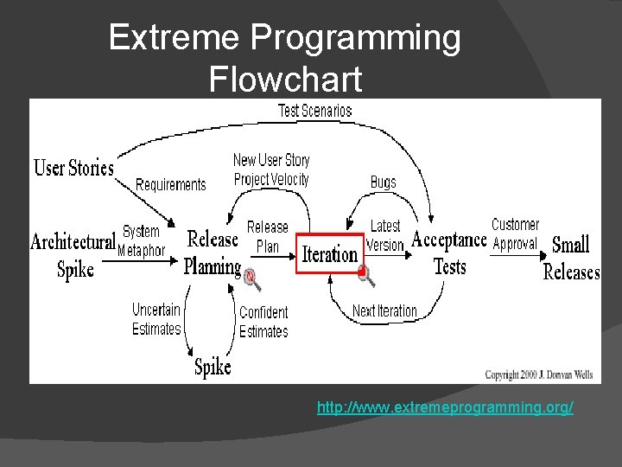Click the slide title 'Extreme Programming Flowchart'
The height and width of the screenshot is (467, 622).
click(285, 58)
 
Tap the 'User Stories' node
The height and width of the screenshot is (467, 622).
click(73, 168)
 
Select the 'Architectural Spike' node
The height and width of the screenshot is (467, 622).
click(73, 255)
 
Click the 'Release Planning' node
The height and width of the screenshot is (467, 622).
click(213, 252)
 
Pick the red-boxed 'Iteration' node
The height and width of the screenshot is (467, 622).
click(329, 253)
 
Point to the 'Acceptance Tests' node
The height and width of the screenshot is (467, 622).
click(449, 253)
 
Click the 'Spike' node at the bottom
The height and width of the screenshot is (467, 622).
click(213, 367)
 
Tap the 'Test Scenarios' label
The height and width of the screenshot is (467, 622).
click(314, 111)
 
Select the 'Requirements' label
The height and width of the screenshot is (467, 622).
click(171, 184)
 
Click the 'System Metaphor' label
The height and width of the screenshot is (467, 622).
click(142, 240)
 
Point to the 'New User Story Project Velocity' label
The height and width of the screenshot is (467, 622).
click(271, 170)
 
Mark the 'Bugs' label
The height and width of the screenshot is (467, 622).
click(383, 182)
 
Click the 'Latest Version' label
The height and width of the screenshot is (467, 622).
click(385, 235)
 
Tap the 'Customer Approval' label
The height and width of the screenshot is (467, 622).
click(515, 234)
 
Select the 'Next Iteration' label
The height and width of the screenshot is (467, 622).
click(384, 310)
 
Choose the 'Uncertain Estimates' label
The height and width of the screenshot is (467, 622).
click(156, 318)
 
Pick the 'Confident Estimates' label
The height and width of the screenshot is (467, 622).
click(263, 321)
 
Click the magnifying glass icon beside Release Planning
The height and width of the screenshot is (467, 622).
click(251, 278)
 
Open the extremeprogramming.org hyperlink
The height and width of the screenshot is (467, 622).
click(445, 406)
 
